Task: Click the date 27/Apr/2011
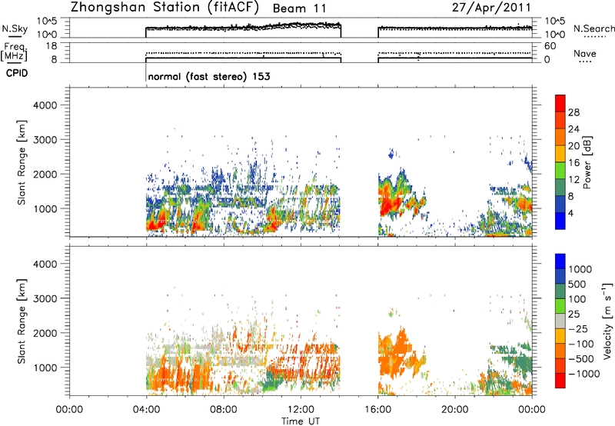tap(491, 8)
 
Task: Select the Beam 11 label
tap(299, 8)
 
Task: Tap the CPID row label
tap(17, 73)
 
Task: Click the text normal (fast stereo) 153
tap(209, 76)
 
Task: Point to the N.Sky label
tap(15, 28)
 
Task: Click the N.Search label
tap(593, 28)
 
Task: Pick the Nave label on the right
tap(585, 54)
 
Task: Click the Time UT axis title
tap(301, 421)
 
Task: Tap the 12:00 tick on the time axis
tap(301, 410)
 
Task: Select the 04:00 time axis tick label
tap(146, 410)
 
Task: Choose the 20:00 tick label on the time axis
tap(455, 410)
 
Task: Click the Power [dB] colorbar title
tap(587, 162)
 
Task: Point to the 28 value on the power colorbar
tap(573, 112)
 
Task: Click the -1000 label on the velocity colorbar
tap(584, 374)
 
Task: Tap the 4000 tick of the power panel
tap(45, 105)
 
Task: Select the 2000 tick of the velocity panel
tap(45, 333)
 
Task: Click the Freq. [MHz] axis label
tap(14, 52)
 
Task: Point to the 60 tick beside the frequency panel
tap(550, 46)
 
